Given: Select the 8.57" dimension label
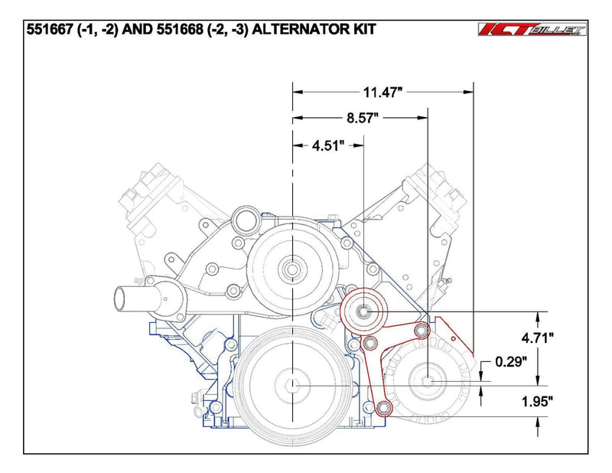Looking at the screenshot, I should [361, 119].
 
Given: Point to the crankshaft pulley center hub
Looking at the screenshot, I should [291, 387].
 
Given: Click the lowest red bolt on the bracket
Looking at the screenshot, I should [385, 406].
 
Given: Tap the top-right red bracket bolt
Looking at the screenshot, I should [419, 330].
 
